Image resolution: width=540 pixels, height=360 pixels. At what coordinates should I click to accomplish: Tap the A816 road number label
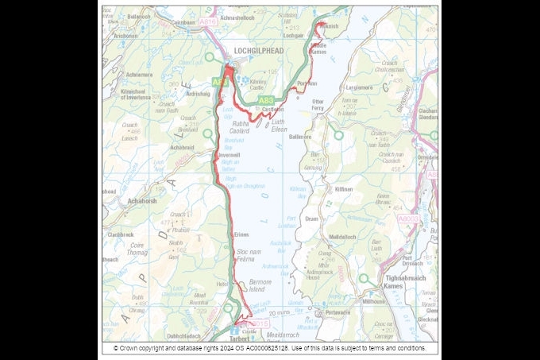[207, 23]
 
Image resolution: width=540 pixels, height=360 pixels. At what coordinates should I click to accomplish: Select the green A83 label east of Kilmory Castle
[267, 100]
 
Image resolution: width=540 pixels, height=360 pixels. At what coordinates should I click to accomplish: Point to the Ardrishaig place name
[199, 93]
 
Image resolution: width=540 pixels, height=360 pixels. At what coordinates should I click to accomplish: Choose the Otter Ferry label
[318, 105]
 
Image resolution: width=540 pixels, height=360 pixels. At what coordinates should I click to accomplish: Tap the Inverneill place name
[229, 155]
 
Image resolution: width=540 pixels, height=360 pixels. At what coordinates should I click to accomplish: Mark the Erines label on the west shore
[241, 235]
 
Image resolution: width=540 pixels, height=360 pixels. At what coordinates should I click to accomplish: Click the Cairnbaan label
[181, 23]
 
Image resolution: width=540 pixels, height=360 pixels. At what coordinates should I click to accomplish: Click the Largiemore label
[360, 87]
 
